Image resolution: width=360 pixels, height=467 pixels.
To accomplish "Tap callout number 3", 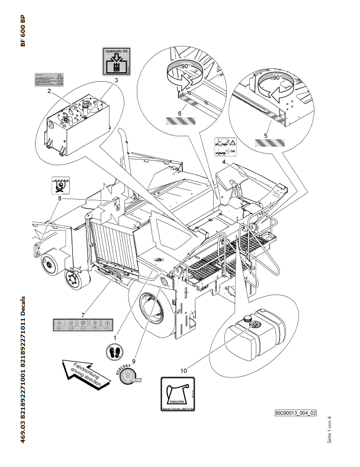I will click(117, 79).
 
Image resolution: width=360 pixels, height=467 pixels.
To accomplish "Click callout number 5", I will click(265, 136).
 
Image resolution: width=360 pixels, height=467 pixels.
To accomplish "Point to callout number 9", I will click(134, 360).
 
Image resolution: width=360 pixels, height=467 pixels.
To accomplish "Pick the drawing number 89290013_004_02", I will click(296, 413).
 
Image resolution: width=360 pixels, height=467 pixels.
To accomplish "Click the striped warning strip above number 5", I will click(269, 143).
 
